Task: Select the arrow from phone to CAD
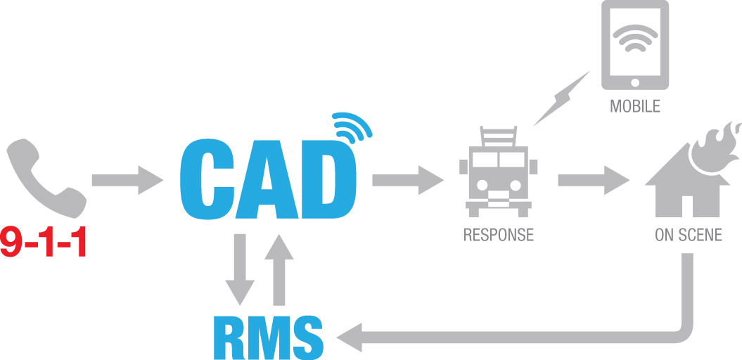127,180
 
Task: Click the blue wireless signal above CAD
352,129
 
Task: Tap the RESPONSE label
499,235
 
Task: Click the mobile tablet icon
634,46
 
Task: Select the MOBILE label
634,108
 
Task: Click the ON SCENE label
688,235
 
